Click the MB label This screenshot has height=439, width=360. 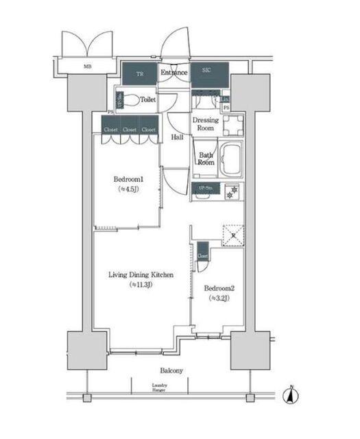coord(87,67)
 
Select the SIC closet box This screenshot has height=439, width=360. coord(206,71)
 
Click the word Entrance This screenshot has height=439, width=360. coord(174,72)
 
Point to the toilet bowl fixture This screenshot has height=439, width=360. coord(130,101)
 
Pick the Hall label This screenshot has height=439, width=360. coord(176,137)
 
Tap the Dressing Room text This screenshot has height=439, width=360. coord(207,124)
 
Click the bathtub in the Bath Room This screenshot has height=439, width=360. coord(230,161)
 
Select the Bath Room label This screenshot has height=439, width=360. coord(206,159)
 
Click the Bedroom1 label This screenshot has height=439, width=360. coord(128,180)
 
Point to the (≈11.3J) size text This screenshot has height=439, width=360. coord(140,285)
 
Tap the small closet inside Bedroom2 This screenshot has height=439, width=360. coord(203,253)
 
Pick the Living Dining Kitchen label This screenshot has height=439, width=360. coord(140,275)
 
